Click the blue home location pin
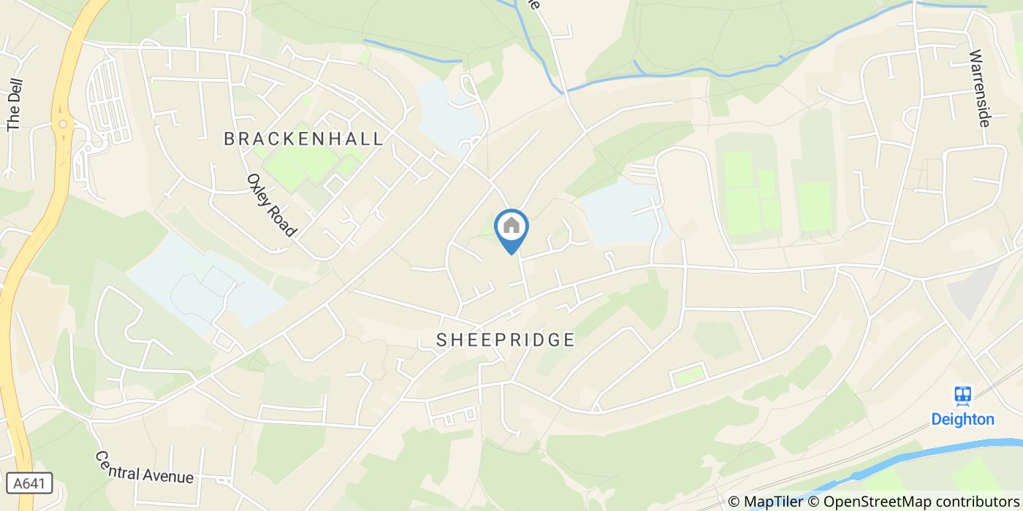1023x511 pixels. [512, 230]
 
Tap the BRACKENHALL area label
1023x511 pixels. [303, 139]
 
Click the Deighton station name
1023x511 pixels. [962, 419]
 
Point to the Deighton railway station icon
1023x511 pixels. [963, 396]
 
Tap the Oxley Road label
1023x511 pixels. [272, 204]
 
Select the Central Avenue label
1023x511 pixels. [145, 467]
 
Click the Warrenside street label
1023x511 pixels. [979, 88]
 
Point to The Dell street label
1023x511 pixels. [15, 104]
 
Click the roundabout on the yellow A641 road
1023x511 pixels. [64, 125]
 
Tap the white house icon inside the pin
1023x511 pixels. [512, 226]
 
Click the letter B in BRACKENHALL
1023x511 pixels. [229, 139]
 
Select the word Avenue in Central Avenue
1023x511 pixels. [171, 475]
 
